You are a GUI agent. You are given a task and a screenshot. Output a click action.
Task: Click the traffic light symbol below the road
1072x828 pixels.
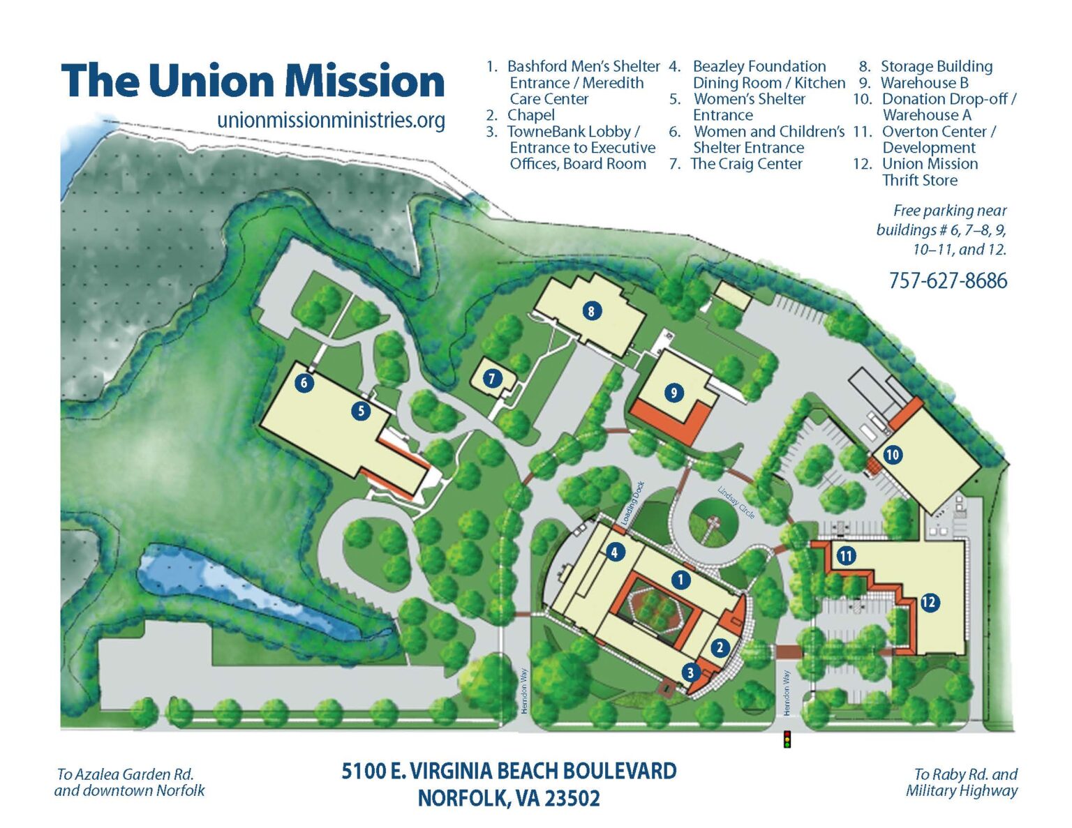point(787,739)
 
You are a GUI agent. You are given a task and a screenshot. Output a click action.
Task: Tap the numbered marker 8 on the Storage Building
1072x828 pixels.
point(591,311)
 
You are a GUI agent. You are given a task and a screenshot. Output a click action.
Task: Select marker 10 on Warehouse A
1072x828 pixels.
point(892,455)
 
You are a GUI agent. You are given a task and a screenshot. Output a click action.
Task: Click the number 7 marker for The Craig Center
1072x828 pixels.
point(492,379)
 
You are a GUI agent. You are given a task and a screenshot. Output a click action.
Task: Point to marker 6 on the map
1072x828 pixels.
point(304,382)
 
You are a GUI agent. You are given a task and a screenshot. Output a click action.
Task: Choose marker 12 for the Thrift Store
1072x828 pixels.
point(929,602)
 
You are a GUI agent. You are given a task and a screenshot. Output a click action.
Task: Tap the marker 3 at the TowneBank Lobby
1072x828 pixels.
point(690,672)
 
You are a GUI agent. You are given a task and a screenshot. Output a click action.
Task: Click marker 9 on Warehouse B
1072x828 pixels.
point(673,393)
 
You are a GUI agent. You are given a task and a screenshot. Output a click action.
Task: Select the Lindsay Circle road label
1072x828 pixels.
point(736,502)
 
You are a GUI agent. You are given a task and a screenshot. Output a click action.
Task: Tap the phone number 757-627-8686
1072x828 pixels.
point(948,281)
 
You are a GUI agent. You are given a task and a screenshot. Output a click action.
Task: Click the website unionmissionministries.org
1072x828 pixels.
point(331,120)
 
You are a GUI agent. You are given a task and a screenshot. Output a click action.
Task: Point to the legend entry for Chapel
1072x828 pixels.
point(530,115)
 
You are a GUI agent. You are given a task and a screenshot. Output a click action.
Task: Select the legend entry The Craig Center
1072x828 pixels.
point(746,164)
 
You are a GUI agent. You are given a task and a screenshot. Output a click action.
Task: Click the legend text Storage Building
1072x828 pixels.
point(936,66)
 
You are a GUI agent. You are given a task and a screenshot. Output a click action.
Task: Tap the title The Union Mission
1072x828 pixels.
point(253,81)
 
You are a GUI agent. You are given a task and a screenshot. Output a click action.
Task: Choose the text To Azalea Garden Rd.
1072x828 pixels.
point(125,774)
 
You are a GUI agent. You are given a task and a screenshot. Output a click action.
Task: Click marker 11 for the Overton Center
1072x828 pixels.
point(846,556)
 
